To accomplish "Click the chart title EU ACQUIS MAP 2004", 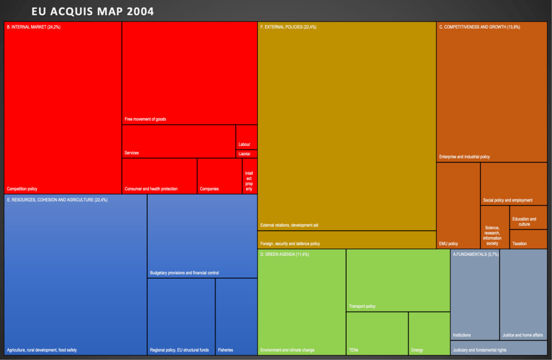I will pyautogui.click(x=93, y=11).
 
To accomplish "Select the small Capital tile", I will pyautogui.click(x=246, y=154).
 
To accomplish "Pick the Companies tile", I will pyautogui.click(x=219, y=176).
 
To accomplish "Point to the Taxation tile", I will pyautogui.click(x=528, y=239).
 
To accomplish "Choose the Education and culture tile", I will pyautogui.click(x=528, y=218).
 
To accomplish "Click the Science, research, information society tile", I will pyautogui.click(x=494, y=227).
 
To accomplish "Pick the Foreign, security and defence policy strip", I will pyautogui.click(x=347, y=240).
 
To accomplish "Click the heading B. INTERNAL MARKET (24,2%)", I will pyautogui.click(x=33, y=26).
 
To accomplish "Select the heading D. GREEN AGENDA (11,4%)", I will pyautogui.click(x=285, y=254).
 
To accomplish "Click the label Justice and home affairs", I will pyautogui.click(x=522, y=335).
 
